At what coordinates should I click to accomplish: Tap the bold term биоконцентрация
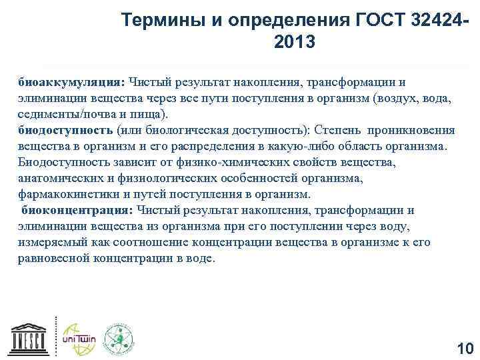pos(76,210)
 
